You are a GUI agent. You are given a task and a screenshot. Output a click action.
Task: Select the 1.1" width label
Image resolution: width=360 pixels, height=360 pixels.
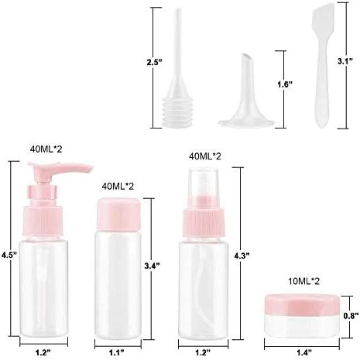pyautogui.click(x=117, y=351)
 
